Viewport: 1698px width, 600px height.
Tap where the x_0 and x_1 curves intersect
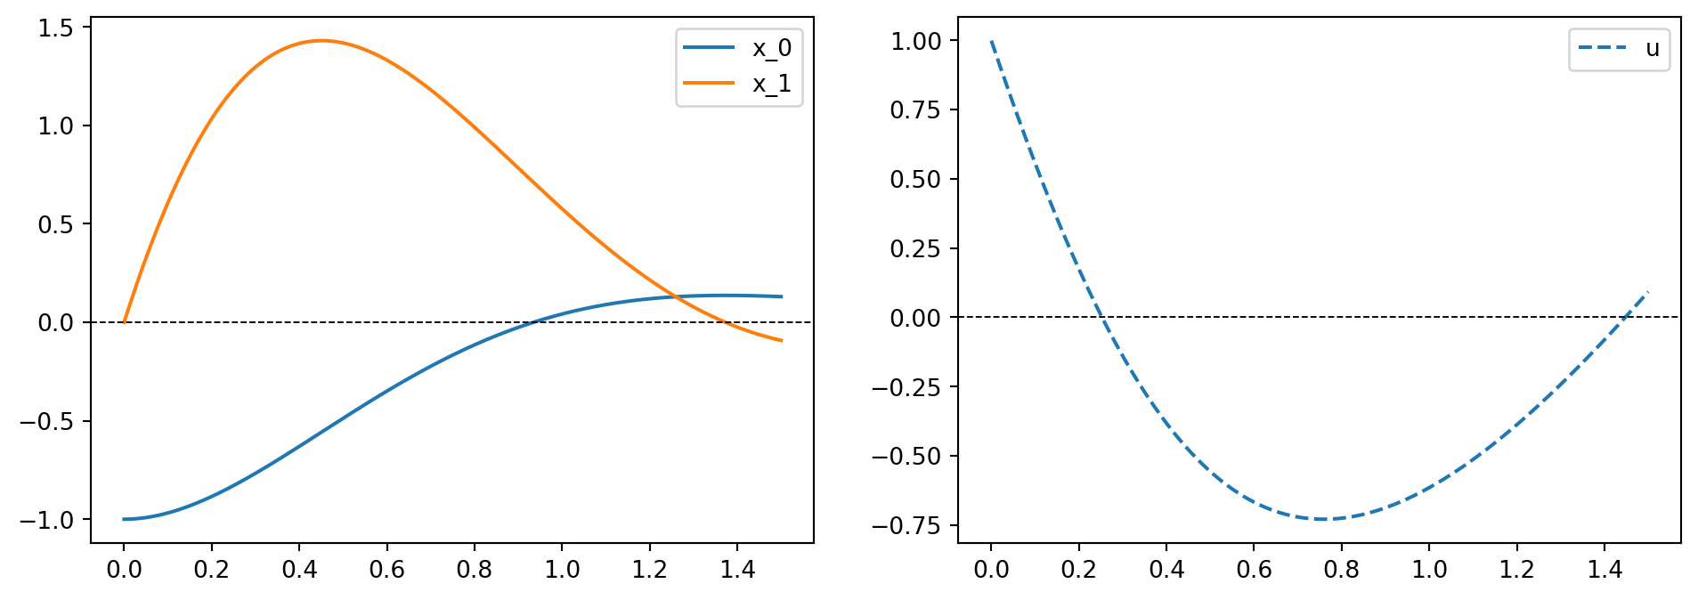(x=676, y=297)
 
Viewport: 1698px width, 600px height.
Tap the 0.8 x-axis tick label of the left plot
(x=474, y=570)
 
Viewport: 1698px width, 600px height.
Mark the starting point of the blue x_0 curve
(x=124, y=519)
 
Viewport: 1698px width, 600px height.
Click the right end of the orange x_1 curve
(x=782, y=340)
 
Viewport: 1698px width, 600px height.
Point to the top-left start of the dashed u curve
(x=991, y=41)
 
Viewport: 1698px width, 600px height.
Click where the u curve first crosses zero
(x=1101, y=317)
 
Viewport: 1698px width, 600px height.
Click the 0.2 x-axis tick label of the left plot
(x=211, y=570)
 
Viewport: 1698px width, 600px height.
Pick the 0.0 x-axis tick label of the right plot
(x=991, y=570)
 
